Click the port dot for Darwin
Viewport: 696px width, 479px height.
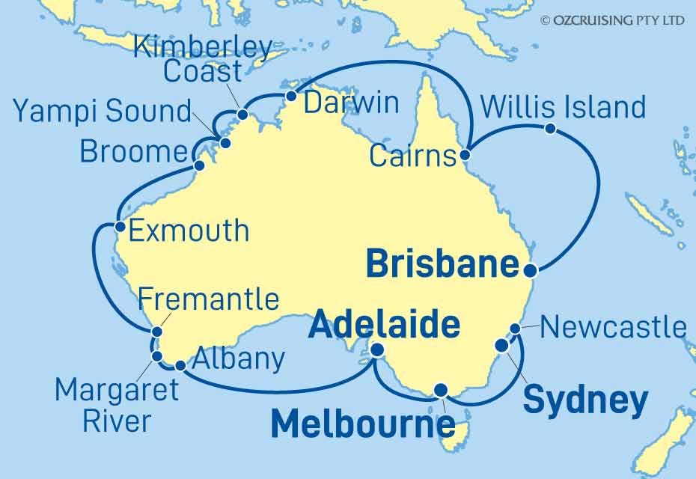tap(292, 96)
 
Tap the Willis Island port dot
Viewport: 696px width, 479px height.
tap(550, 128)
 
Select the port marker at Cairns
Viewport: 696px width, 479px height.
tap(465, 156)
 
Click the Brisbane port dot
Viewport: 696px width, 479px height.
tap(530, 270)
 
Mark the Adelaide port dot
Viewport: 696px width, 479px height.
tap(378, 350)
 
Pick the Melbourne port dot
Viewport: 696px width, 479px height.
tap(442, 389)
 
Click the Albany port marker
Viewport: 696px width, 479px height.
tap(180, 366)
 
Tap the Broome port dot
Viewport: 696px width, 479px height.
tap(198, 166)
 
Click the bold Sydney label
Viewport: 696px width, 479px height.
tap(584, 400)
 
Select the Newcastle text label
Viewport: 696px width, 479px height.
tap(613, 327)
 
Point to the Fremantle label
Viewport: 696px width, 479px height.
tap(209, 299)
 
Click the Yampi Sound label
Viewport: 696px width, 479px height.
tap(103, 112)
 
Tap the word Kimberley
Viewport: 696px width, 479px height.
tap(202, 46)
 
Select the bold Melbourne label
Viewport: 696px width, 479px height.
tap(362, 424)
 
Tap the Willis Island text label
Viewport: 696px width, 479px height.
tap(563, 107)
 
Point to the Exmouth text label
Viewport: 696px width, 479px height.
tap(189, 230)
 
